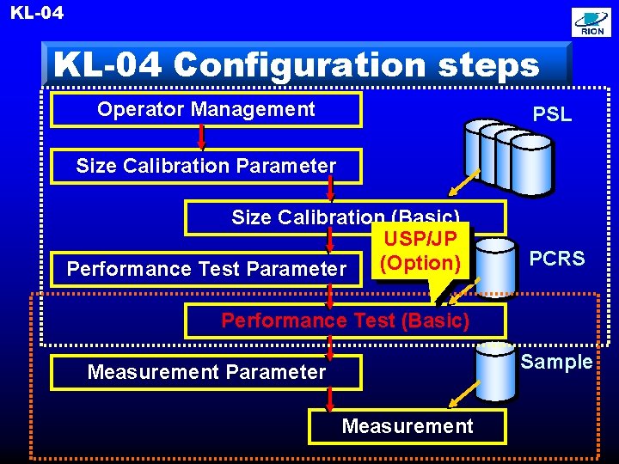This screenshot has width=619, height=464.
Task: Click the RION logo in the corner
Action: tap(592, 23)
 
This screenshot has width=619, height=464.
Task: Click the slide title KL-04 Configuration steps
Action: tap(297, 64)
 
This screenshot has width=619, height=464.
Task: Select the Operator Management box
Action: tap(206, 109)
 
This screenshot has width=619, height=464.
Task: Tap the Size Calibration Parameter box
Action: tap(206, 166)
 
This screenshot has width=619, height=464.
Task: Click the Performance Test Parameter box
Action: tap(206, 269)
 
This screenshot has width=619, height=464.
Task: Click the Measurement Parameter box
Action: tap(206, 372)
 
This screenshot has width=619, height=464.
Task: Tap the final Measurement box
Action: tap(408, 426)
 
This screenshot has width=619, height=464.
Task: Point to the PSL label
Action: tap(552, 114)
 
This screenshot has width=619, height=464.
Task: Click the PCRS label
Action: tap(557, 259)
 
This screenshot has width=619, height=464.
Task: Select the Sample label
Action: tap(557, 362)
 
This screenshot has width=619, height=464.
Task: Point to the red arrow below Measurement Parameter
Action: tap(330, 399)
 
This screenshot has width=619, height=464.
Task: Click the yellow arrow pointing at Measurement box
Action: tap(461, 396)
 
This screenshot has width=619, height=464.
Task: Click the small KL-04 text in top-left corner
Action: tap(37, 12)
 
